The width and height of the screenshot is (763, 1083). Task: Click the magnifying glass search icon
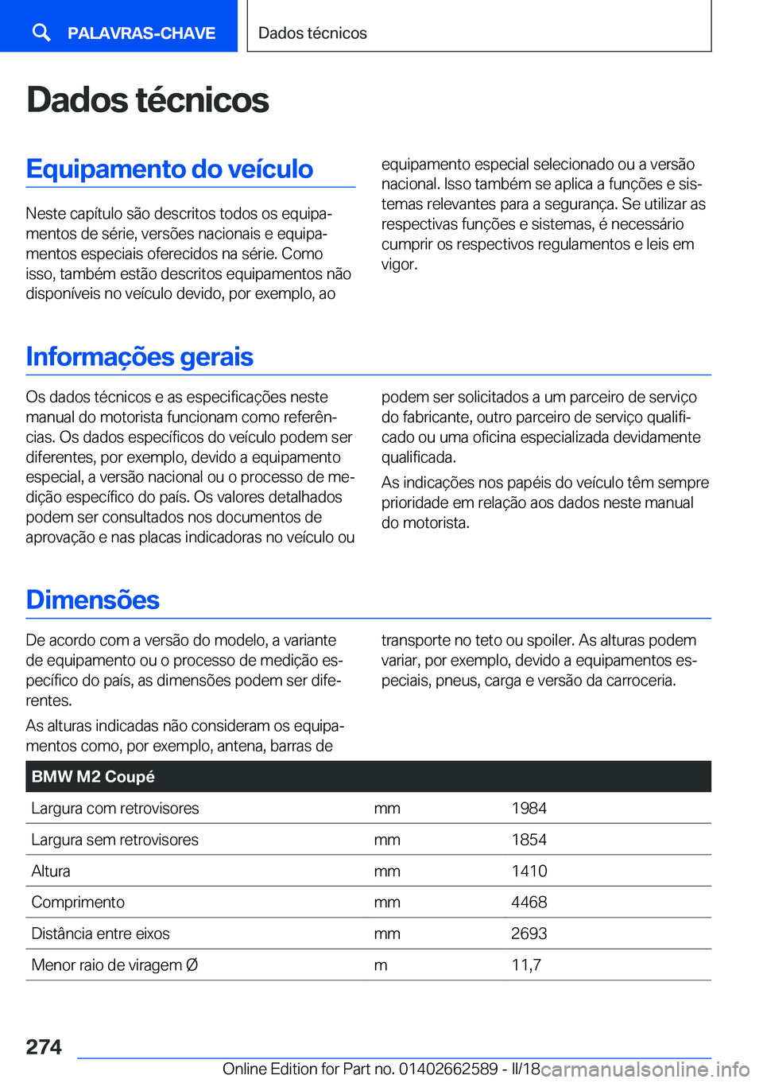[x=41, y=32]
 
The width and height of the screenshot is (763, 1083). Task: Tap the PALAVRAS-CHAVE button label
[x=141, y=33]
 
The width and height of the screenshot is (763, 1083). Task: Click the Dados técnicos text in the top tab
[x=312, y=33]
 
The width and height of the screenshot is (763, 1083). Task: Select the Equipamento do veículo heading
[x=169, y=169]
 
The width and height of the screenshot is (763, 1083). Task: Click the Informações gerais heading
[x=139, y=356]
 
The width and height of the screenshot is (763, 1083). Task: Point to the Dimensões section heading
[x=92, y=600]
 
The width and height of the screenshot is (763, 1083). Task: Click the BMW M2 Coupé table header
[x=93, y=777]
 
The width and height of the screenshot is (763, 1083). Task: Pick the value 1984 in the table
[x=529, y=809]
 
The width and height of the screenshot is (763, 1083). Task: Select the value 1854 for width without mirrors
[x=529, y=840]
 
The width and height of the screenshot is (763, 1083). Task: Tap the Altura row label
[x=51, y=871]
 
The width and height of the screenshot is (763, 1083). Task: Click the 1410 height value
[x=529, y=871]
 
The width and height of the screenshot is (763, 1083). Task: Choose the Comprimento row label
[x=78, y=902]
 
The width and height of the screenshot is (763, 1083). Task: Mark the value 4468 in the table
[x=529, y=902]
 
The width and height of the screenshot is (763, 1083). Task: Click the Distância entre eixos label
[x=100, y=934]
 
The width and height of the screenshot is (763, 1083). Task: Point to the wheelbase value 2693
[x=529, y=934]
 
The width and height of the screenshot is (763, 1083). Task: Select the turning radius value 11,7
[x=525, y=965]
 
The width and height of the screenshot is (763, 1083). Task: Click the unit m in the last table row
[x=381, y=965]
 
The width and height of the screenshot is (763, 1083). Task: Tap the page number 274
[x=44, y=1047]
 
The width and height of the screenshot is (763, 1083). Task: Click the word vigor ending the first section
[x=398, y=265]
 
